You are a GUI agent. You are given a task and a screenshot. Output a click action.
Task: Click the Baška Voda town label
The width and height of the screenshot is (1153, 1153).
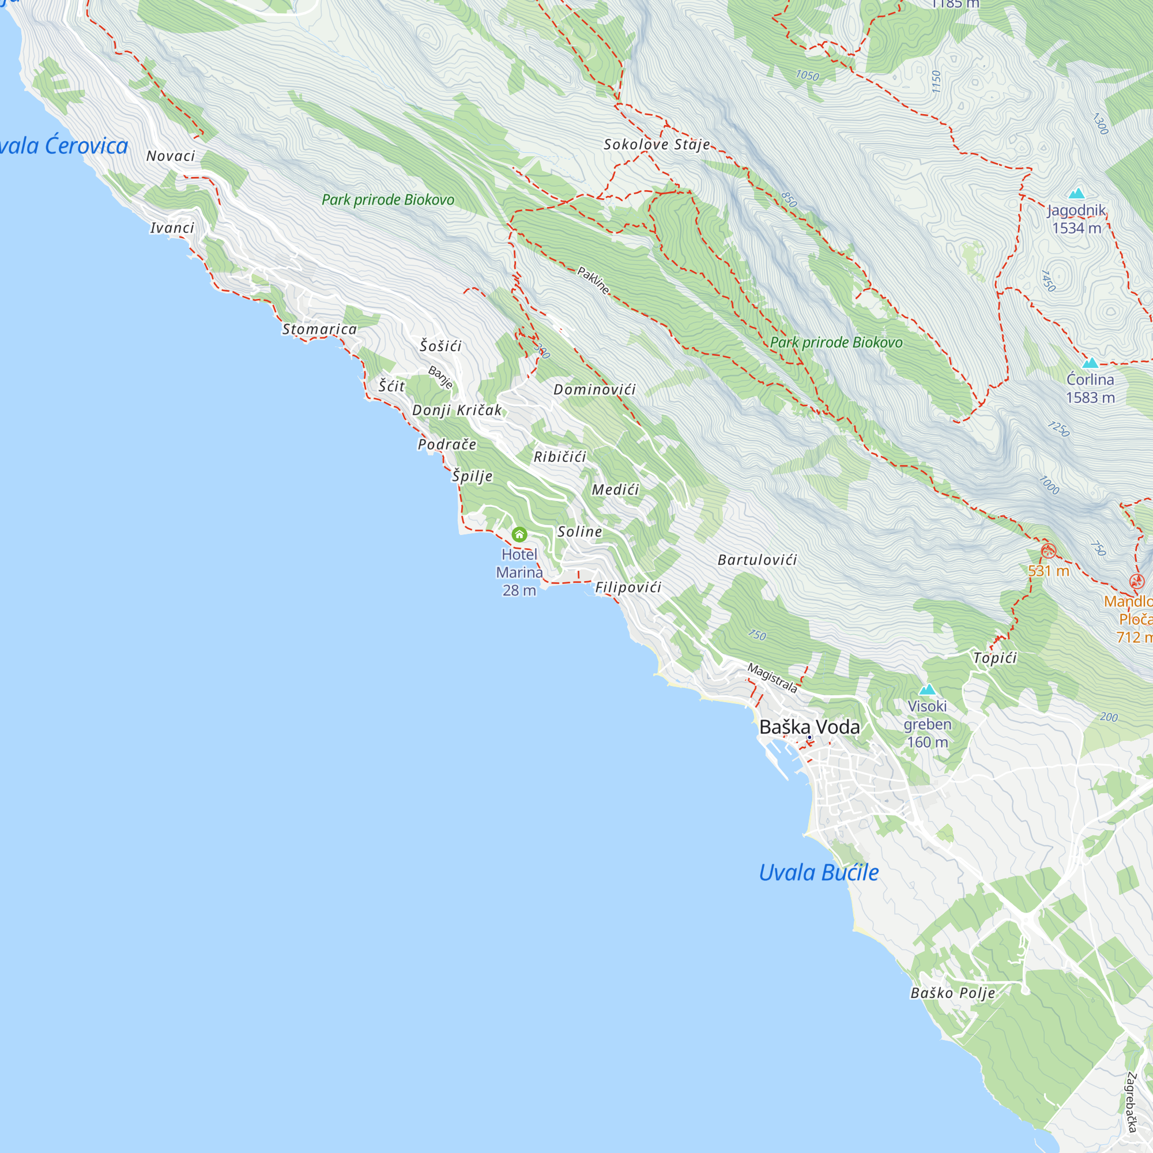(x=809, y=727)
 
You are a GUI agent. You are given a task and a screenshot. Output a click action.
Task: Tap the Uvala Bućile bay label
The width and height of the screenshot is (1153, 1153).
(x=818, y=872)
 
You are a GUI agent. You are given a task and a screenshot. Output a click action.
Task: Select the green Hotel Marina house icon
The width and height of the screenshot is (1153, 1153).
(x=519, y=534)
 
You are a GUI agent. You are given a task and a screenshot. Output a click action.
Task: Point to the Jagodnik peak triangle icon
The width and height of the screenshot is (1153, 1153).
(x=1076, y=193)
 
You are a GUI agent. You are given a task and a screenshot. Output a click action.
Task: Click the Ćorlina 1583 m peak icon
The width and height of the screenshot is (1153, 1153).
(x=1090, y=363)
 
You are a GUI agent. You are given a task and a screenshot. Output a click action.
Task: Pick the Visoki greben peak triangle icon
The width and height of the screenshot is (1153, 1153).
(x=927, y=690)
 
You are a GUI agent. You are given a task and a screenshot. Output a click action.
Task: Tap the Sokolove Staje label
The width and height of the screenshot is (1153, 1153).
(x=657, y=145)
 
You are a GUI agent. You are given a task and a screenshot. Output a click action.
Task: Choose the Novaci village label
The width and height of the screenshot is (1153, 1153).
(x=171, y=156)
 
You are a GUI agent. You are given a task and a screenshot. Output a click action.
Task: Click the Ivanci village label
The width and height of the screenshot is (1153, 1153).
(x=172, y=228)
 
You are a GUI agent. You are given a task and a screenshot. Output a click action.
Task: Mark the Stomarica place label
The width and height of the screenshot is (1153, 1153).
(x=319, y=329)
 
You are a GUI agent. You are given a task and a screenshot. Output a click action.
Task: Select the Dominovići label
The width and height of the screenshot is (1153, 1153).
(x=594, y=390)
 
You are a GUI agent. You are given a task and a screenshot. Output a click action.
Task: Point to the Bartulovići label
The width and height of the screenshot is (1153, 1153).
(x=757, y=560)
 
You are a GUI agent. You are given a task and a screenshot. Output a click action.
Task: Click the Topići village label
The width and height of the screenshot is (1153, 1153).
(x=995, y=658)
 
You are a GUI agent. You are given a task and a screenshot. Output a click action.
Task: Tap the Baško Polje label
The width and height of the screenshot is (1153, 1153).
(x=952, y=993)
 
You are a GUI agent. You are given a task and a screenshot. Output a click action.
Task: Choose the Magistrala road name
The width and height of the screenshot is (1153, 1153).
(x=773, y=678)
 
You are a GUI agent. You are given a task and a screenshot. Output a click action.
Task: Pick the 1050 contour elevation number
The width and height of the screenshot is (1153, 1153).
(x=807, y=75)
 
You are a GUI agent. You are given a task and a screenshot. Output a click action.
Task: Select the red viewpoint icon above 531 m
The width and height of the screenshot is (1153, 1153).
(x=1048, y=551)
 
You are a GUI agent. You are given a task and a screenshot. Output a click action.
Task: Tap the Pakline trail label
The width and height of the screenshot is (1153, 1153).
(x=593, y=281)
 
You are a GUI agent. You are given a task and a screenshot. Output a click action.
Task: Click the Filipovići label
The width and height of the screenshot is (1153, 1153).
(x=628, y=587)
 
